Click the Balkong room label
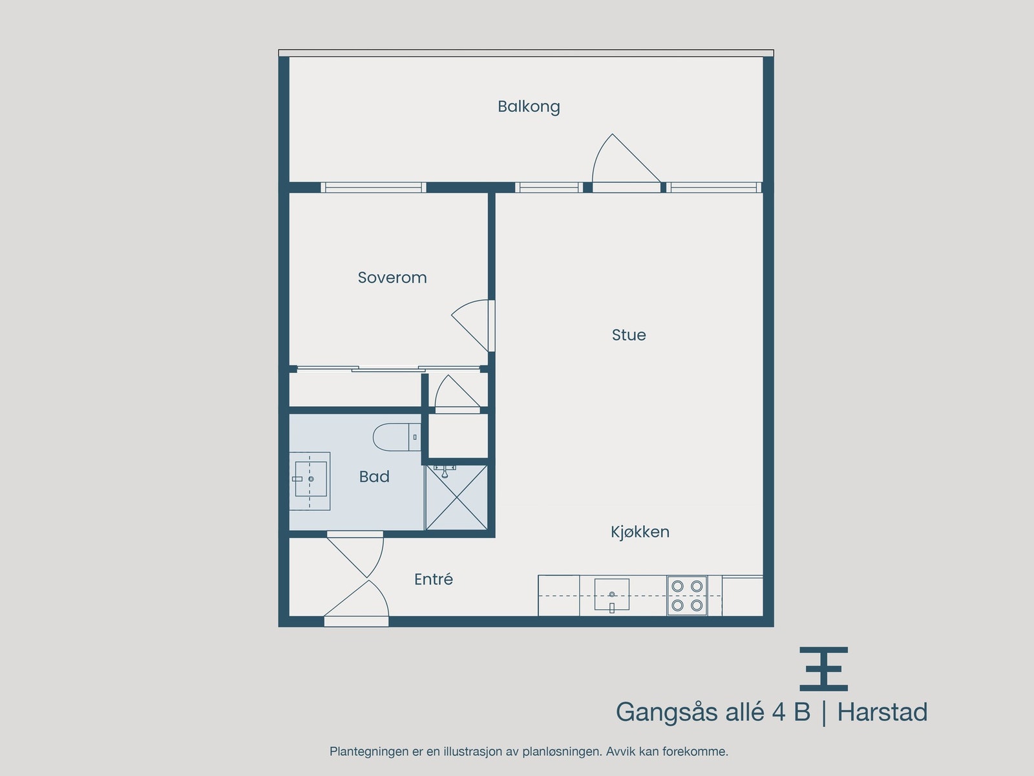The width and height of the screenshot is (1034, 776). [529, 107]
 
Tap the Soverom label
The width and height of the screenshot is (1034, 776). [392, 277]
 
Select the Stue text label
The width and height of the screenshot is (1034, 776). [629, 335]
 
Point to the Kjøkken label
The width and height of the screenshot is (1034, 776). [640, 532]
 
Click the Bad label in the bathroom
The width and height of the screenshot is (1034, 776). [374, 477]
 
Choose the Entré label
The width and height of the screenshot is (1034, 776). [433, 579]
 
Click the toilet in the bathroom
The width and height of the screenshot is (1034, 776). [395, 437]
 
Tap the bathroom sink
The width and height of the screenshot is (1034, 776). [310, 479]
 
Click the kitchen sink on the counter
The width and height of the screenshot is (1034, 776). [611, 594]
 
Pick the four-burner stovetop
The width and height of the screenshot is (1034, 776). [687, 595]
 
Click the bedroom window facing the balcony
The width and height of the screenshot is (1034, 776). [373, 188]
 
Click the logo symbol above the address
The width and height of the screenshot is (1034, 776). [823, 669]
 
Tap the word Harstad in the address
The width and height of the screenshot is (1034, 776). [882, 712]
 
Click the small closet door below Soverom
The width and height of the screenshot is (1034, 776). [456, 395]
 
